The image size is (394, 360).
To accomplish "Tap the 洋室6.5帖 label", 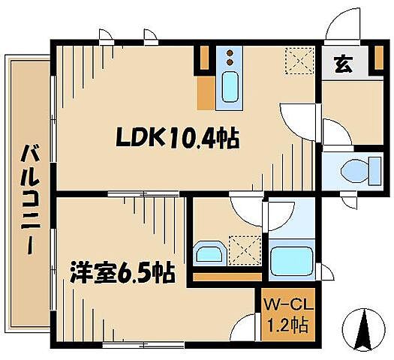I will click(x=122, y=271).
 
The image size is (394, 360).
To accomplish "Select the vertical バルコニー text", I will click(x=30, y=199).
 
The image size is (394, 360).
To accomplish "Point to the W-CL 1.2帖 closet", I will click(x=284, y=316).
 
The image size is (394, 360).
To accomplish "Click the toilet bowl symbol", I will click(x=353, y=172).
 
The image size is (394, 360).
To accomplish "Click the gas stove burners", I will click(x=230, y=58).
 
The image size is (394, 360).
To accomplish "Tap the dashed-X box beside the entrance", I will click(x=299, y=59).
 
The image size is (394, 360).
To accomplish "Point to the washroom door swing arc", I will click(x=245, y=204).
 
